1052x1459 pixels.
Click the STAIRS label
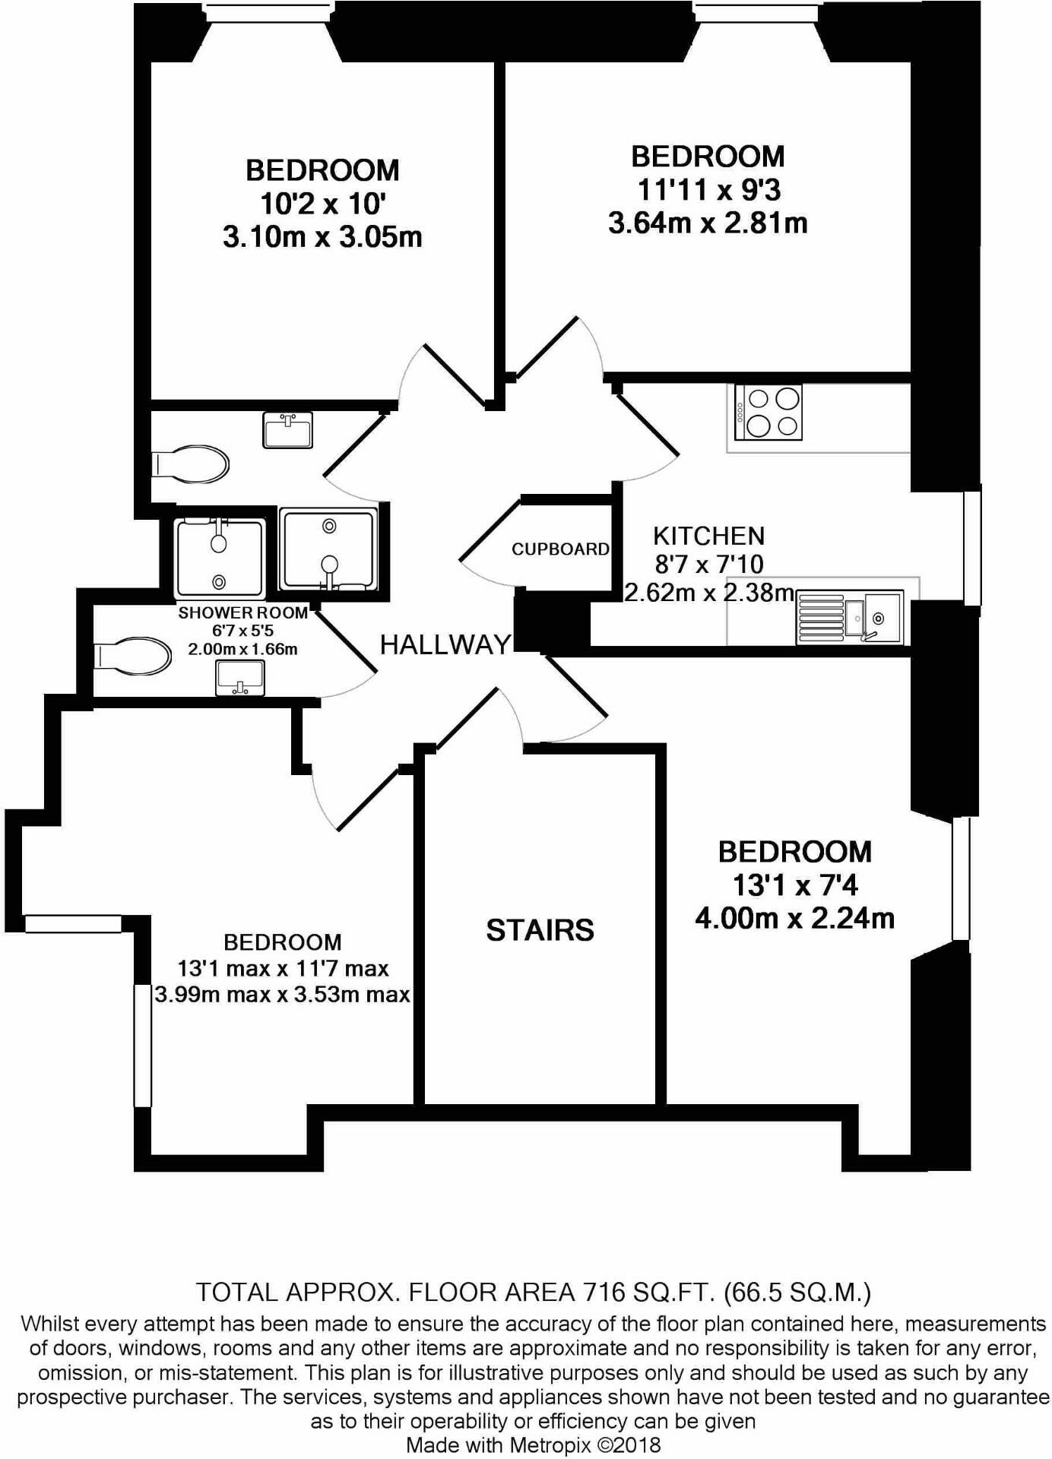(x=540, y=930)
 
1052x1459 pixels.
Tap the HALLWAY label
(x=445, y=645)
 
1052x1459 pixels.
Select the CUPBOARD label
(x=560, y=549)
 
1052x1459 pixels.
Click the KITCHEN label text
(x=708, y=536)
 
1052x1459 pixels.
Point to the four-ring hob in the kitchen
(x=768, y=413)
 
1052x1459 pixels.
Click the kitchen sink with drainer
(x=850, y=618)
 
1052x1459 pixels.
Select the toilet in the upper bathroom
(x=190, y=464)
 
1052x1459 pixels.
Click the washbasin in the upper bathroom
(x=287, y=430)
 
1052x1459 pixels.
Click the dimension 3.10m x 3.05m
(x=322, y=237)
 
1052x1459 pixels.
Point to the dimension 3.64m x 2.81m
(x=707, y=223)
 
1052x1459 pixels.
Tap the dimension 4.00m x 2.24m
(x=794, y=919)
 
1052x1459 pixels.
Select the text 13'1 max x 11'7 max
(x=283, y=969)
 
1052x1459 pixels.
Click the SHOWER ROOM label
(x=242, y=613)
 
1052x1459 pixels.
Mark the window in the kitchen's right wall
(x=971, y=547)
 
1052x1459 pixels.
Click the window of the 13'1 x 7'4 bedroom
(x=961, y=878)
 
